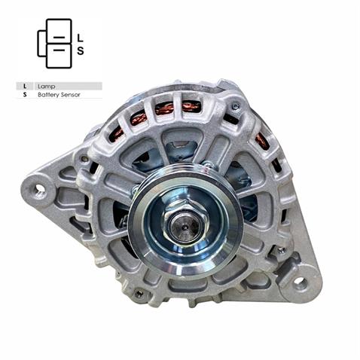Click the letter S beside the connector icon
[x=81, y=51]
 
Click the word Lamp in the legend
[x=44, y=87]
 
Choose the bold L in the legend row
[x=25, y=87]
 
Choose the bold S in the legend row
[x=25, y=96]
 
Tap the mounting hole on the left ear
[x=40, y=190]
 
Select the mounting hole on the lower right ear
[x=300, y=283]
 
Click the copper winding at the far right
[x=261, y=140]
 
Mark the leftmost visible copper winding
[x=117, y=134]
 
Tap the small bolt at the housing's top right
[x=236, y=106]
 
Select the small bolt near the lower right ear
[x=280, y=249]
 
